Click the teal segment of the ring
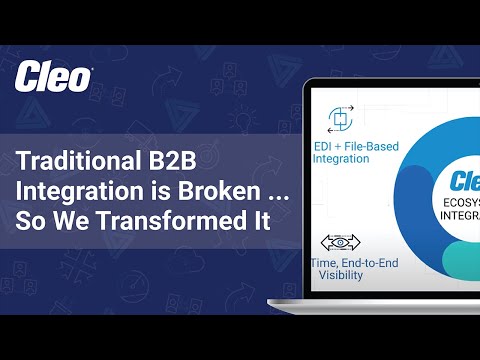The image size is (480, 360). pos(450,262)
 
